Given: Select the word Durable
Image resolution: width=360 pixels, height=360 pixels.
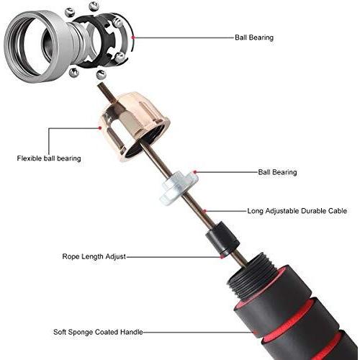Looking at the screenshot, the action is (313, 211).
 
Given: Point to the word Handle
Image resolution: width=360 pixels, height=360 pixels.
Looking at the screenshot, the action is (132, 333).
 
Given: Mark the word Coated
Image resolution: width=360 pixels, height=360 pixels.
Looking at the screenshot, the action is (107, 333).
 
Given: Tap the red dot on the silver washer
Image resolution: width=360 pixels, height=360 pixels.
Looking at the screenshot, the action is (195, 172).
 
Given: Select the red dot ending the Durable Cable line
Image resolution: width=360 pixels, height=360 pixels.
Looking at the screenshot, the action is (204, 211).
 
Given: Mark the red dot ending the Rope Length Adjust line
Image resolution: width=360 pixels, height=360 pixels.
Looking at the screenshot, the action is (222, 257).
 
